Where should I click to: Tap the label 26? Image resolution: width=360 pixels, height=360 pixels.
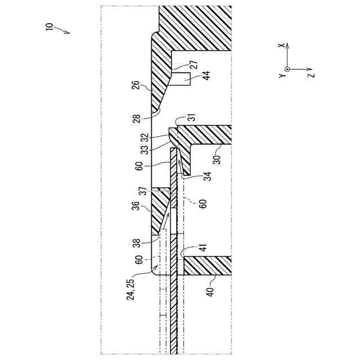pos(135,87)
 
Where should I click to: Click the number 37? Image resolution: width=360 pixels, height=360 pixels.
pos(145,191)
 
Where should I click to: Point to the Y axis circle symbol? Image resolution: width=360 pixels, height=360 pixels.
pos(287,69)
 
